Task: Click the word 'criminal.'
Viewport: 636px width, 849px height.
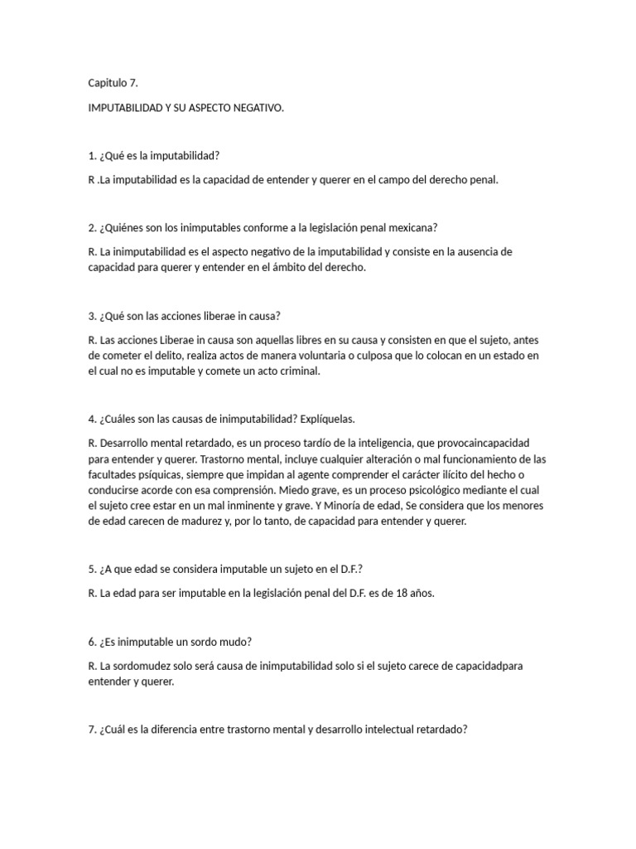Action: pos(295,371)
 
